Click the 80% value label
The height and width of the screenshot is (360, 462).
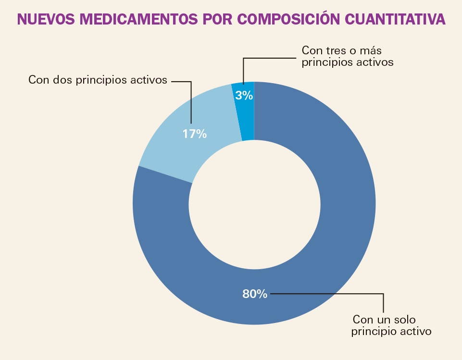pos(254,294)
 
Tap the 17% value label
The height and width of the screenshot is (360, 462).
pos(194,134)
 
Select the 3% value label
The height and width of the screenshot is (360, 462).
pos(244,96)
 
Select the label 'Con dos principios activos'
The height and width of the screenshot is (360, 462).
pos(98,80)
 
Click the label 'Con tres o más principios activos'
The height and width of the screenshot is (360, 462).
pos(347,56)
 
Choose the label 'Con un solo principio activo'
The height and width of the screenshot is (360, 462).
pos(391,325)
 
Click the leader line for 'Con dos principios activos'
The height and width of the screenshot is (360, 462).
pos(191,101)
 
